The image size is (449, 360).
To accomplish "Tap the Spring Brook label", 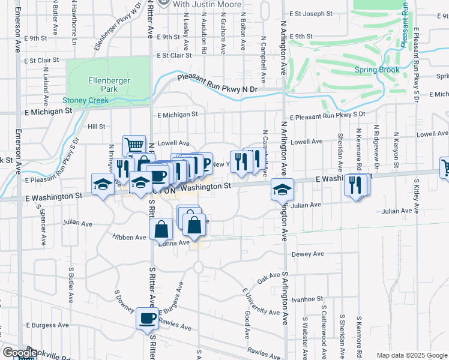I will (376, 70).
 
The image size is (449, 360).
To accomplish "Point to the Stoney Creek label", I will (86, 101).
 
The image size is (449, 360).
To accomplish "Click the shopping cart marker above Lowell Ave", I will (134, 145).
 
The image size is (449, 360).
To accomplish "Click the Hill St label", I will (96, 127).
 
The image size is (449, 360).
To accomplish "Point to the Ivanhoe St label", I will (307, 298).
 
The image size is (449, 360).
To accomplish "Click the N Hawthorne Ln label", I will (74, 27).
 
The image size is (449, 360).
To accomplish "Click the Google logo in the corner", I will (20, 353).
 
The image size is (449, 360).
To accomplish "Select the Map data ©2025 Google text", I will (412, 355).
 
